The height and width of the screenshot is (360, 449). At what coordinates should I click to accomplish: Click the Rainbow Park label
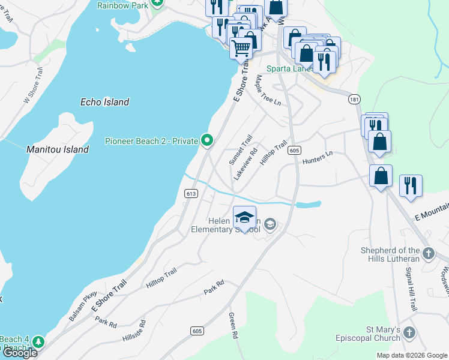click(123, 5)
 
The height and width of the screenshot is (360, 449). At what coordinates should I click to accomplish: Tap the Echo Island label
click(104, 102)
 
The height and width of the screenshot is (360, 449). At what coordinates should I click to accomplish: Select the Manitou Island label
click(58, 149)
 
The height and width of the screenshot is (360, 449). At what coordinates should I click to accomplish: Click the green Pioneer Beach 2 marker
click(207, 140)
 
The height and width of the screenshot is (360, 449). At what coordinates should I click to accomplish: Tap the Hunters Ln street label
click(318, 158)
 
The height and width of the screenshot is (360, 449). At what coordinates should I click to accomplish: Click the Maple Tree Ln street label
click(268, 90)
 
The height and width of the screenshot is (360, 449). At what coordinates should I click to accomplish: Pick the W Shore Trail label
click(34, 86)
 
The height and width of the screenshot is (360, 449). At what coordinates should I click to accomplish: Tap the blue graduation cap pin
click(244, 217)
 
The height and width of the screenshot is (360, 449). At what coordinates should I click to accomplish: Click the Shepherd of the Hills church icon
click(427, 253)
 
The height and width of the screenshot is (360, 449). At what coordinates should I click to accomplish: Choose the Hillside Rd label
click(134, 331)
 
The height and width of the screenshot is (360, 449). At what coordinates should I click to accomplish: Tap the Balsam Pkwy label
click(83, 306)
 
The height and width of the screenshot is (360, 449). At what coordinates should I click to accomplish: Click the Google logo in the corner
click(19, 353)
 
